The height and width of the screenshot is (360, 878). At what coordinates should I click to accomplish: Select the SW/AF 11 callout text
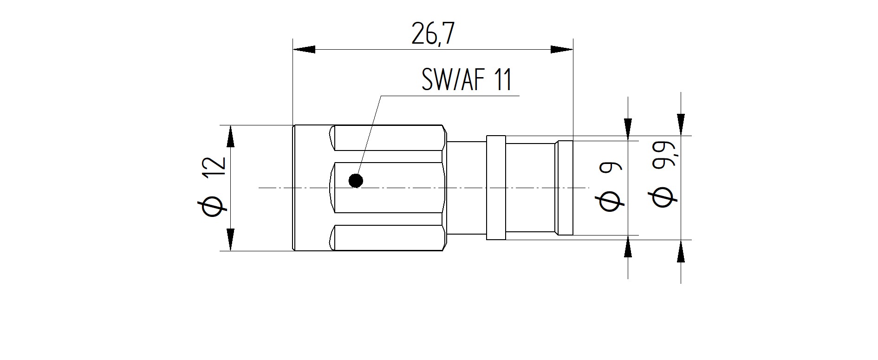466,80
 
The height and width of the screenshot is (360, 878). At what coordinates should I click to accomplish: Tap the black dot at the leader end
356,180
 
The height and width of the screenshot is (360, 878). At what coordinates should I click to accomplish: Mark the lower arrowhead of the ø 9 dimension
628,247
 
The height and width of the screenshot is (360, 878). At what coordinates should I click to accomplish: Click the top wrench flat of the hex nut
388,138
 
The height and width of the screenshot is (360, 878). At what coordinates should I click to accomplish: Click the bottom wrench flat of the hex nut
388,238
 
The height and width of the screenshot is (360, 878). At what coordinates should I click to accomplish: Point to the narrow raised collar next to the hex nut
496,188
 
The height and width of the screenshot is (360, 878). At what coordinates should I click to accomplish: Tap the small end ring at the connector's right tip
565,188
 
